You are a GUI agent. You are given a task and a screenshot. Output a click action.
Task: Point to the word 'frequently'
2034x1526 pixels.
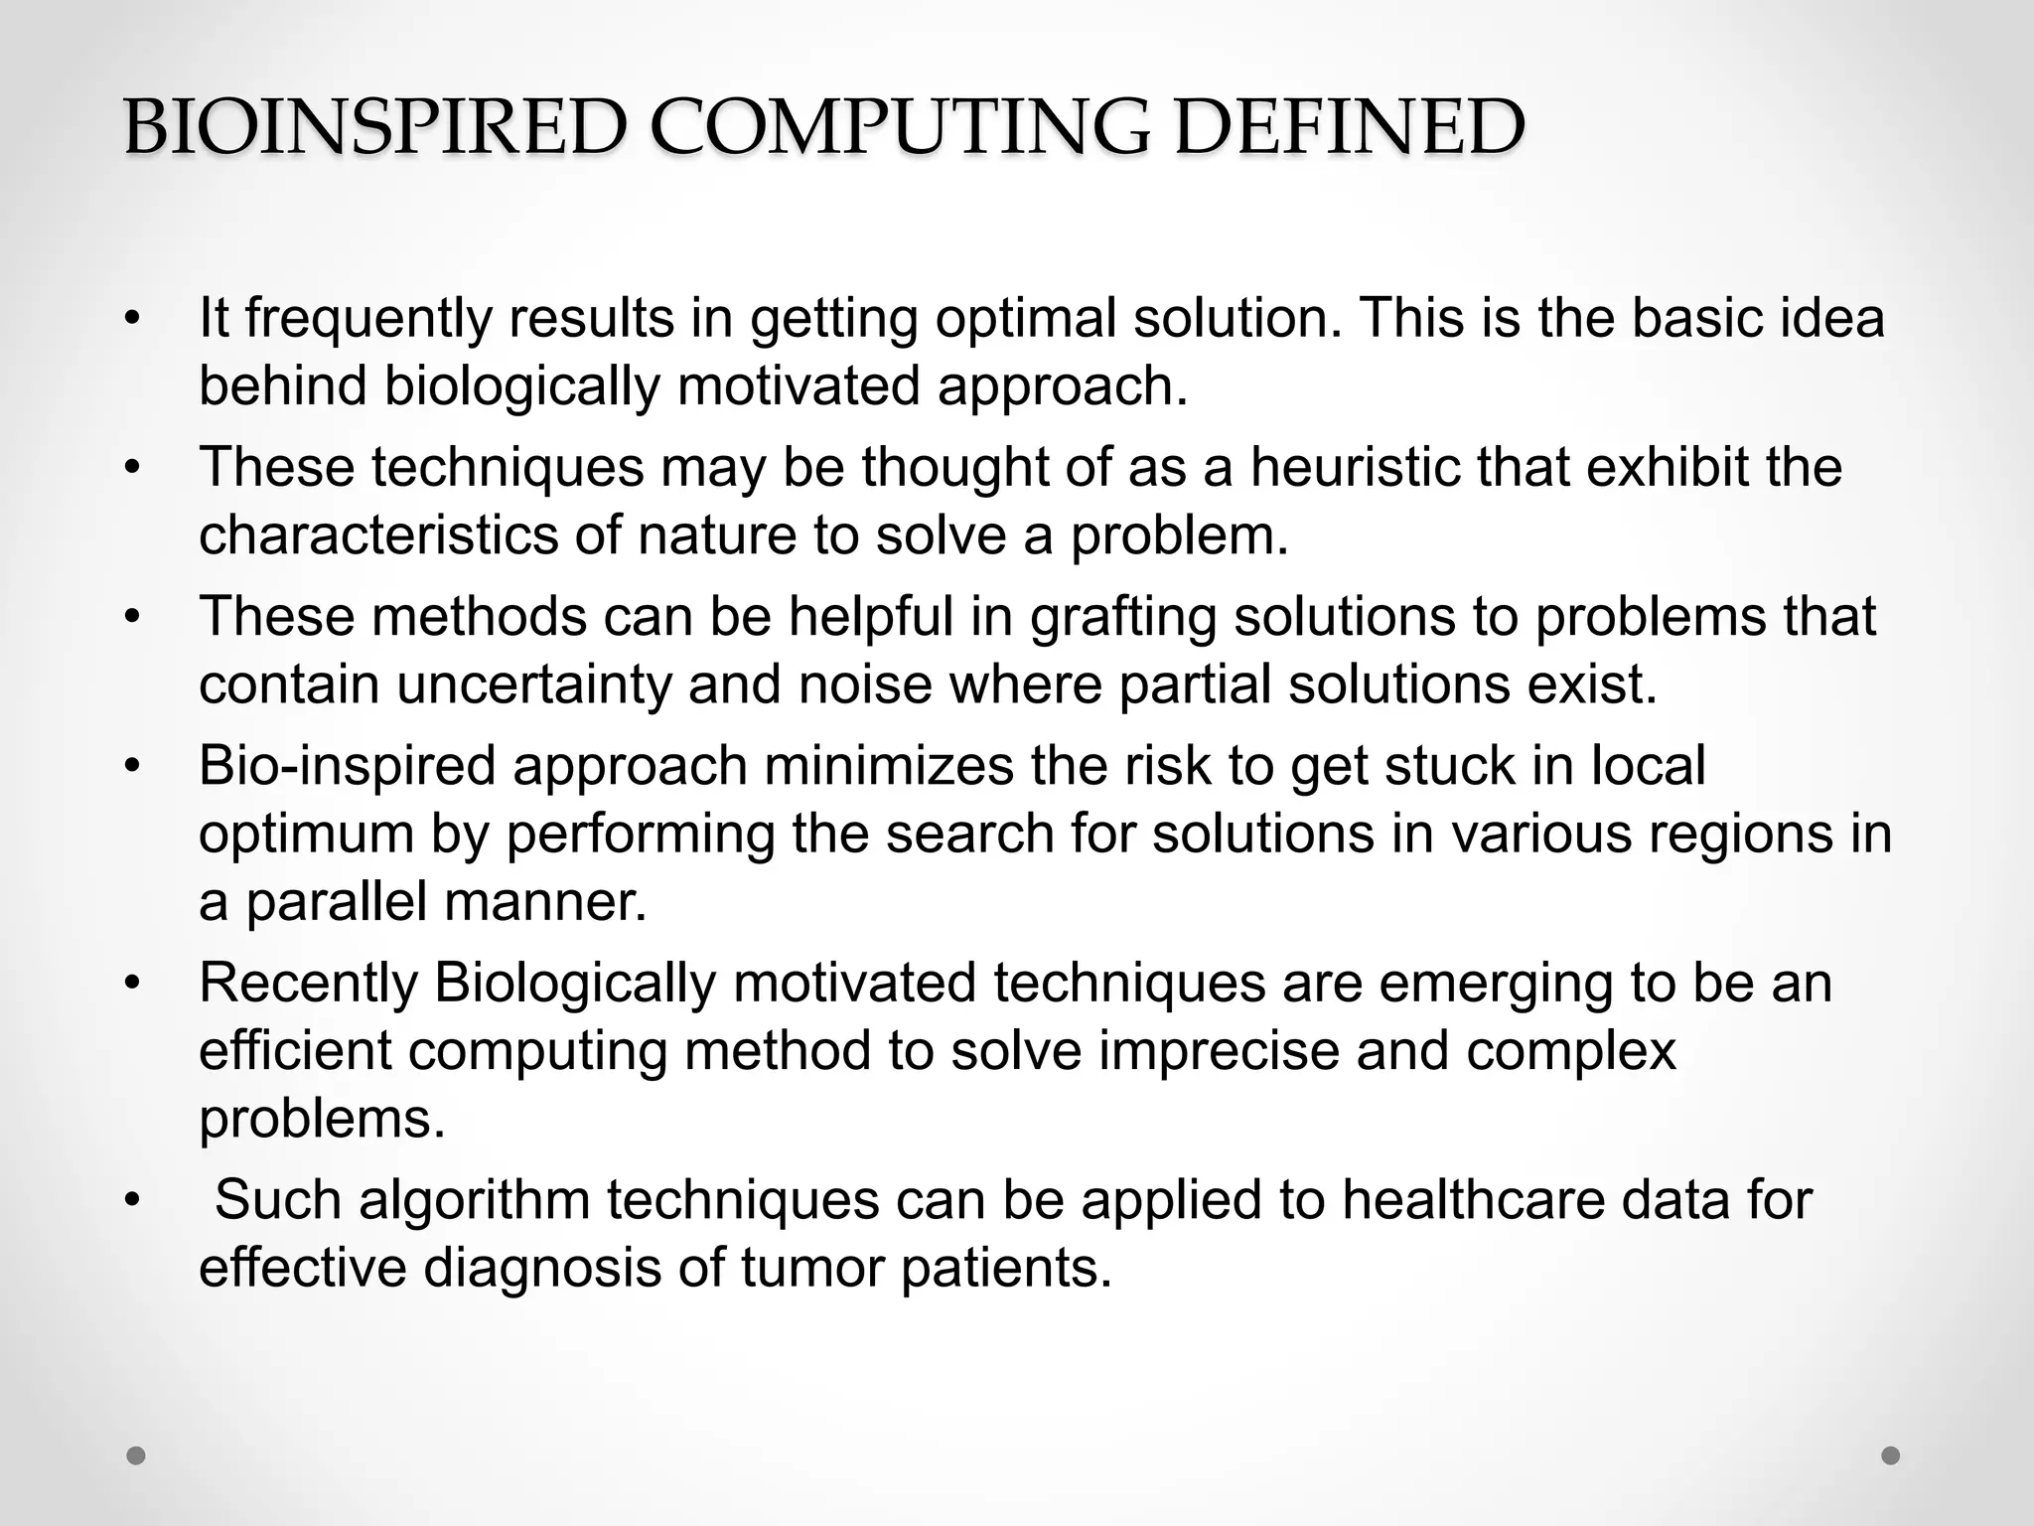pyautogui.click(x=368, y=319)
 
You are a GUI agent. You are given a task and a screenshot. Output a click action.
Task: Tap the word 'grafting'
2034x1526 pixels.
pyautogui.click(x=1123, y=617)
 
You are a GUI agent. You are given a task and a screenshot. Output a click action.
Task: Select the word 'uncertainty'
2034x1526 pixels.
pyautogui.click(x=534, y=685)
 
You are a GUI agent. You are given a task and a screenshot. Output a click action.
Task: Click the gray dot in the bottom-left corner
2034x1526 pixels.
pyautogui.click(x=137, y=1455)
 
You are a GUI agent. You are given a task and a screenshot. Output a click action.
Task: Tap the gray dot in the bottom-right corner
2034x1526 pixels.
pyautogui.click(x=1891, y=1455)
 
